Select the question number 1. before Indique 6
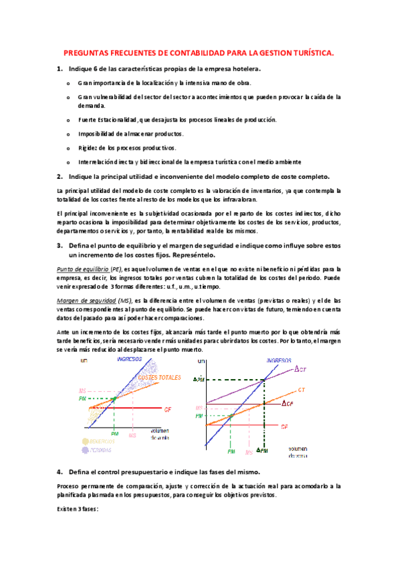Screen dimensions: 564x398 [60, 69]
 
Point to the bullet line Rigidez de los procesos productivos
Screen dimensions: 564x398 [126, 148]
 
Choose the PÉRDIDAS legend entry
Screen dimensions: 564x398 [98, 450]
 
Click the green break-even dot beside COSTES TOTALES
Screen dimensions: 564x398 [114, 398]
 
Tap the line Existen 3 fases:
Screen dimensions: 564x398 [78, 509]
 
